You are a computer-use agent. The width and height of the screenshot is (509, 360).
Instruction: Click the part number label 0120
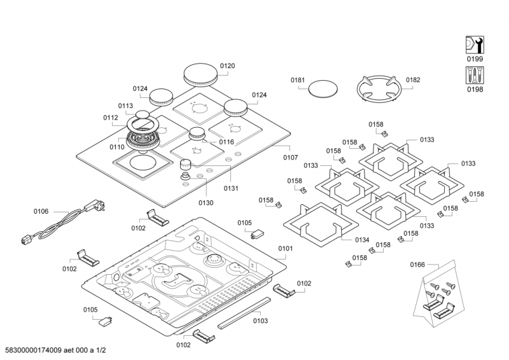(x=227, y=66)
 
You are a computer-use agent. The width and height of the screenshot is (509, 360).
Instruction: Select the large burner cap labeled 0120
(x=202, y=74)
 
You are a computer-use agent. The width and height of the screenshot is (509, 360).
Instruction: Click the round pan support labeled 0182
(x=379, y=88)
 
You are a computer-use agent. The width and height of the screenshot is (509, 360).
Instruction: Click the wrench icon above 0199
(x=474, y=45)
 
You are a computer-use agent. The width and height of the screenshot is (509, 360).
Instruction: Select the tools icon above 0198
(x=474, y=75)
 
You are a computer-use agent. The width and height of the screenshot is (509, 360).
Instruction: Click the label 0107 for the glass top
(x=290, y=157)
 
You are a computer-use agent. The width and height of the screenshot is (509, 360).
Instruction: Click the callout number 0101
(x=285, y=248)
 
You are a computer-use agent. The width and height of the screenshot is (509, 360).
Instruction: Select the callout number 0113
(x=125, y=106)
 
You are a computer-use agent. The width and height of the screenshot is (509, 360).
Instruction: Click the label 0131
(x=231, y=188)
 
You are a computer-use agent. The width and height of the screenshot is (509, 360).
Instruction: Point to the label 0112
(x=111, y=118)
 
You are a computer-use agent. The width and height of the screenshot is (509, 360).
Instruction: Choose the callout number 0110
(x=116, y=147)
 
